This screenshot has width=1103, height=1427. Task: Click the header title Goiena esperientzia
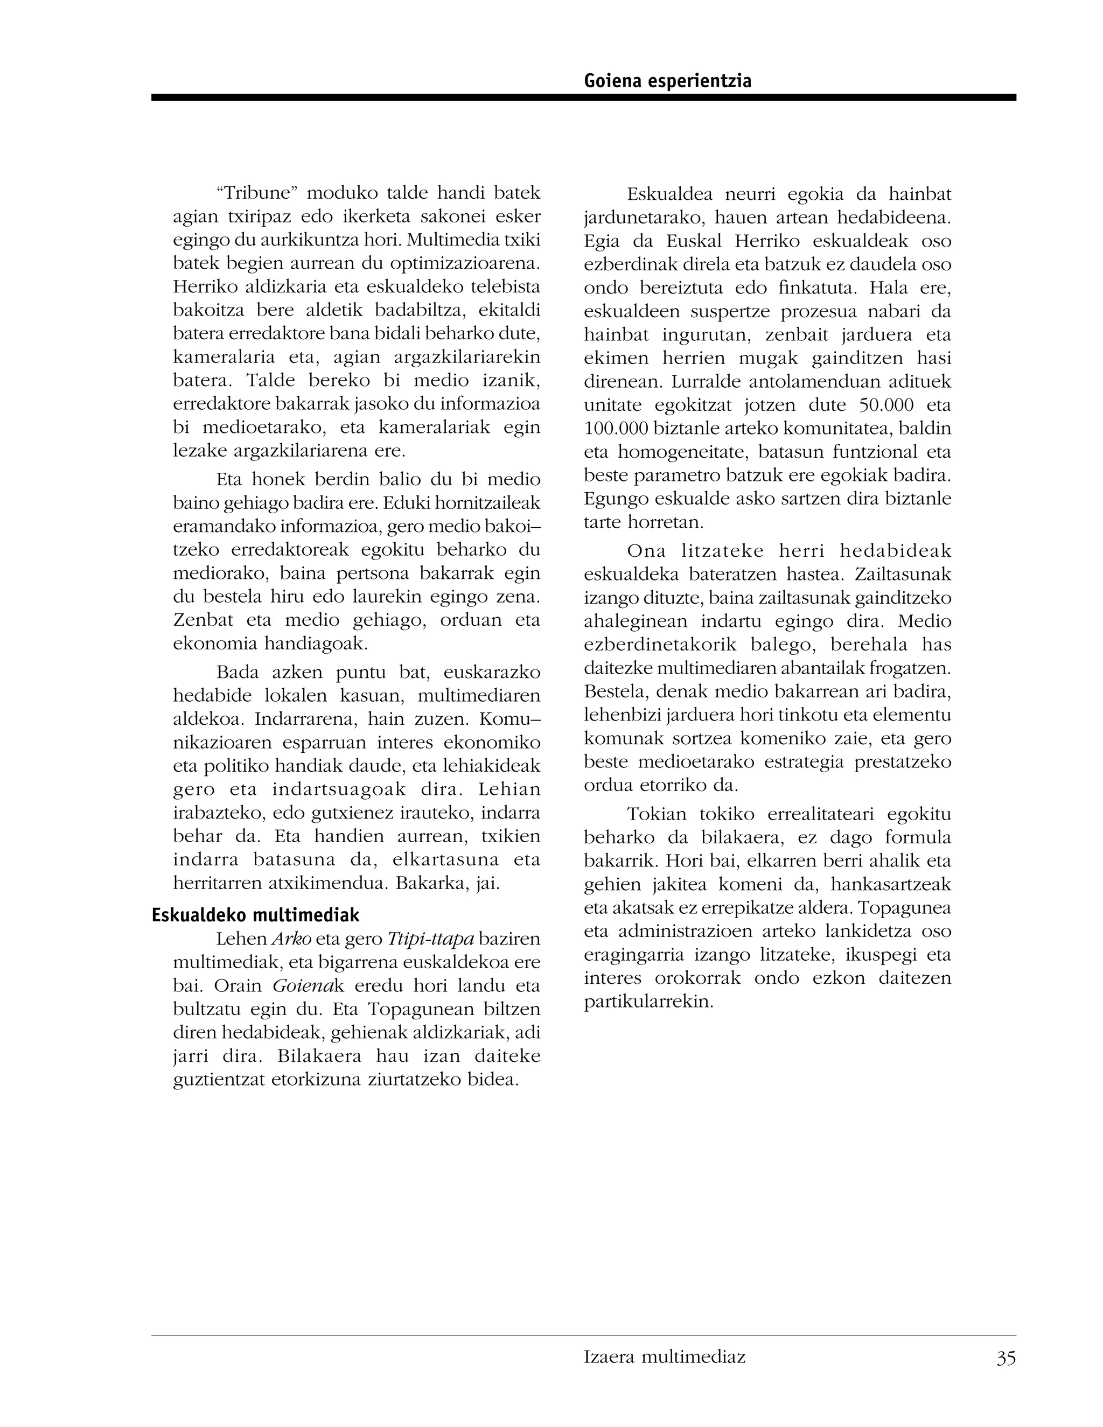(x=667, y=81)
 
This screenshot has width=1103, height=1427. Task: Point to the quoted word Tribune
(x=257, y=193)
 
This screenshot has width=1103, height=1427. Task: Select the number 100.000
(x=612, y=429)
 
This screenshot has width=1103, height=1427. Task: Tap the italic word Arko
(x=291, y=939)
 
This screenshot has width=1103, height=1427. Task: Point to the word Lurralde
(x=710, y=382)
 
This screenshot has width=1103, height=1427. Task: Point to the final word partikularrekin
(x=647, y=1002)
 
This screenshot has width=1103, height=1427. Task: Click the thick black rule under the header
(x=583, y=97)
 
